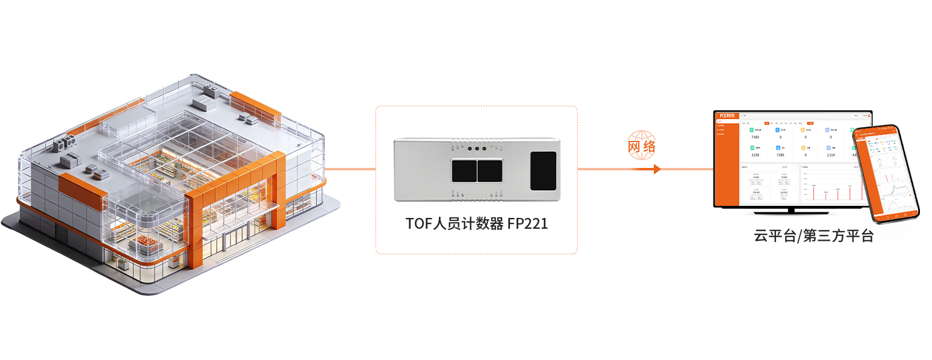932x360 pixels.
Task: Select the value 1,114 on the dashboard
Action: (x=830, y=155)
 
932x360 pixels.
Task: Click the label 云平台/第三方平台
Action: (x=813, y=236)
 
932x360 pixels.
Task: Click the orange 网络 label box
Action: (x=642, y=145)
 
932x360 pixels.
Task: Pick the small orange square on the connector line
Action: (x=657, y=170)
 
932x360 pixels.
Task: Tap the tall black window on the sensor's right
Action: (x=543, y=171)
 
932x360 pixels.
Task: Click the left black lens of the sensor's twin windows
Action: (x=463, y=171)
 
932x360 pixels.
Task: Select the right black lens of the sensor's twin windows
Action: (x=489, y=171)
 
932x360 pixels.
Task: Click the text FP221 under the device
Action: (x=527, y=223)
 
